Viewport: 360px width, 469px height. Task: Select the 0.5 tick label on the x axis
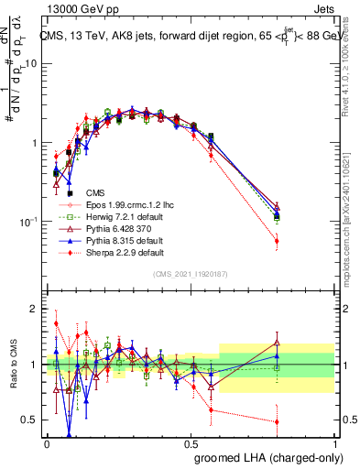pyautogui.click(x=191, y=443)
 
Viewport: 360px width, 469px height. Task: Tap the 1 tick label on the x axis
pyautogui.click(x=336, y=443)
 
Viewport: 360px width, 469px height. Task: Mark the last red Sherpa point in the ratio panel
pyautogui.click(x=278, y=422)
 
